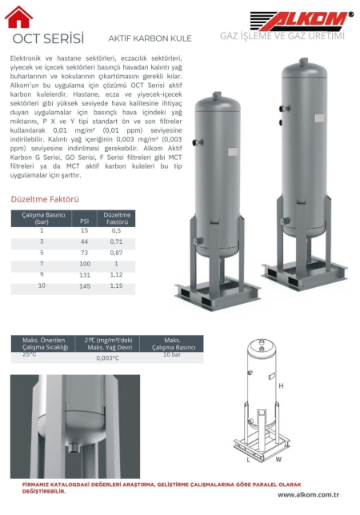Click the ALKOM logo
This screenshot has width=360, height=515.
point(302,21)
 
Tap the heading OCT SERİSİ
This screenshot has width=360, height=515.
point(48,38)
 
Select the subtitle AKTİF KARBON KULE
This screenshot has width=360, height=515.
point(150,38)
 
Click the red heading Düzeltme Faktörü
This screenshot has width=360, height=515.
point(45,199)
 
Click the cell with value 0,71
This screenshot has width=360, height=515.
point(116,242)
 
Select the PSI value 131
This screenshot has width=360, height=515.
point(85,275)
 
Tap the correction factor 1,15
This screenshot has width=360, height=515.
point(116,285)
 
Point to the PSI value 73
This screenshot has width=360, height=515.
point(85,253)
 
